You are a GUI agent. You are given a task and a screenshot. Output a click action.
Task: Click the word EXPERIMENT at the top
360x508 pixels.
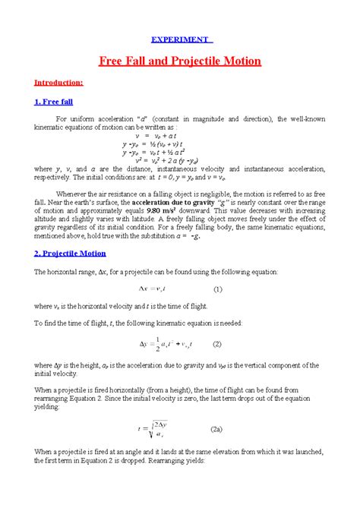coord(180,39)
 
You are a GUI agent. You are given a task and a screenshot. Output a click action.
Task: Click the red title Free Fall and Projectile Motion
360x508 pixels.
coord(180,61)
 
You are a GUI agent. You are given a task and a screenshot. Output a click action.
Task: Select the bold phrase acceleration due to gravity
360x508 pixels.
coord(153,204)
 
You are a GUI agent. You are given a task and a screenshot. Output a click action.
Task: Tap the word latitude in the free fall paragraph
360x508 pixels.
coord(142,222)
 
